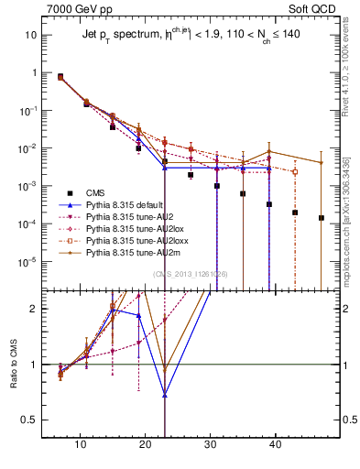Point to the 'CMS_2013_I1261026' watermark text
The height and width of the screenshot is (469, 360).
click(183, 273)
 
